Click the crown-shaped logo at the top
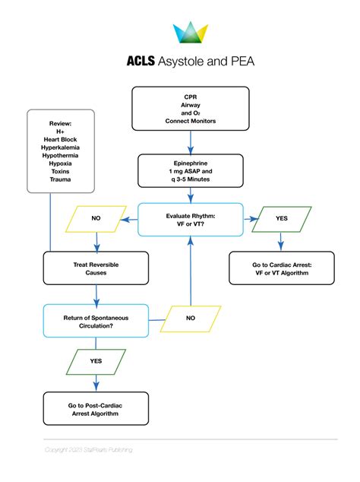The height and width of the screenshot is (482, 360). click(191, 33)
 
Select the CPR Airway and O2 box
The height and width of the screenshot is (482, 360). click(190, 109)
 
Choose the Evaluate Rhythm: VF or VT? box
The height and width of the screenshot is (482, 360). click(190, 219)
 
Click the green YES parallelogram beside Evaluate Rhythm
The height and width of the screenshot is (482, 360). click(281, 218)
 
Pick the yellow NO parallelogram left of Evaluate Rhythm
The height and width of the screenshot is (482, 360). click(96, 218)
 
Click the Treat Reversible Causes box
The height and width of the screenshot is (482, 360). click(96, 268)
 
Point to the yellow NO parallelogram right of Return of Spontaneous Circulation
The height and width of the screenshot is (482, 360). click(190, 318)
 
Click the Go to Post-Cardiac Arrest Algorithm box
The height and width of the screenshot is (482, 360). click(96, 411)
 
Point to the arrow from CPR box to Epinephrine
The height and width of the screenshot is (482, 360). click(190, 142)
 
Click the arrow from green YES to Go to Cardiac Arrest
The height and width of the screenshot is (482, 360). click(281, 241)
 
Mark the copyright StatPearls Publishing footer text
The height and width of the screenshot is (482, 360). click(88, 450)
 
